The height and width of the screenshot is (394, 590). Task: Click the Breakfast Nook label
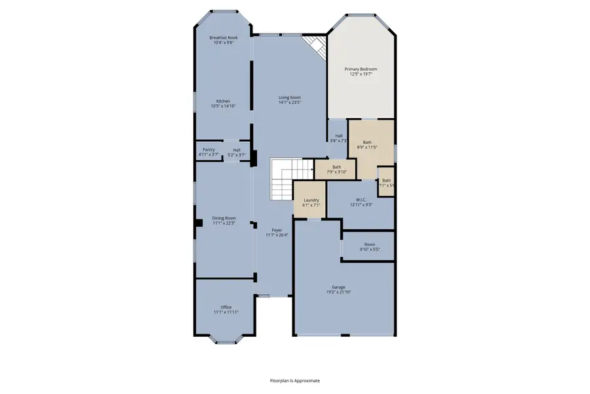click(x=224, y=38)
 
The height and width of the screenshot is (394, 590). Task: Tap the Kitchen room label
click(x=224, y=101)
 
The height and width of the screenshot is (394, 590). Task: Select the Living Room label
click(x=289, y=97)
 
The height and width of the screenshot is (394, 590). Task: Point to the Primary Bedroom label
click(x=361, y=69)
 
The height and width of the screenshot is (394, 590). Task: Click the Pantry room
click(x=209, y=152)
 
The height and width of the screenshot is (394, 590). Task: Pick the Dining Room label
click(x=224, y=218)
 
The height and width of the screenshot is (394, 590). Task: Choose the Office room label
click(x=226, y=307)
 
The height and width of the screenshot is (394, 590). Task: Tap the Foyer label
click(x=277, y=230)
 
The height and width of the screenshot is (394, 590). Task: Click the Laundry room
click(x=311, y=202)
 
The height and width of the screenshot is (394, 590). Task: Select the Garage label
click(x=338, y=287)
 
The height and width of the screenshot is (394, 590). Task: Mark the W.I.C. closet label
click(x=361, y=200)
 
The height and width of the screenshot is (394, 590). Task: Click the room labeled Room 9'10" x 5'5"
click(x=370, y=246)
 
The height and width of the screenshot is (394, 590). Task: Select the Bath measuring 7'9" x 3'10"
click(x=336, y=169)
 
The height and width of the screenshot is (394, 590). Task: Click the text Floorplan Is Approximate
click(x=295, y=380)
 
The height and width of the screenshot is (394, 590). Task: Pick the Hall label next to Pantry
click(x=237, y=150)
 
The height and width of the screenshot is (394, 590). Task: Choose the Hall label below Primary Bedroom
click(x=338, y=136)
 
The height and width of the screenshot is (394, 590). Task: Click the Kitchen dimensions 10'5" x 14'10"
click(x=224, y=106)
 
